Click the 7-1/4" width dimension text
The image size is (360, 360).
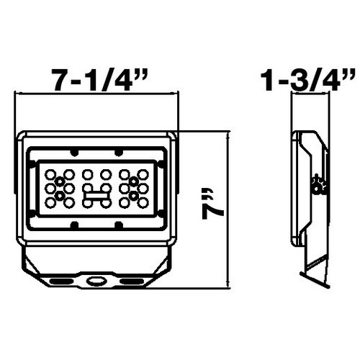pos(96,78)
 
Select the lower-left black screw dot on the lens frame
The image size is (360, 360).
pos(74,225)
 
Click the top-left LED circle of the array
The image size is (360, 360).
pos(50,175)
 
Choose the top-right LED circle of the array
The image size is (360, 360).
pos(142,175)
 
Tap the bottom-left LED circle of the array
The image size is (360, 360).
pos(50,204)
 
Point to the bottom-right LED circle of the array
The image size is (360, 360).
pos(142,204)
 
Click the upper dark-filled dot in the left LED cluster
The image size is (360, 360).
pos(60,181)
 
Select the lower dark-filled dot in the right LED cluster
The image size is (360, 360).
pos(133,197)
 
